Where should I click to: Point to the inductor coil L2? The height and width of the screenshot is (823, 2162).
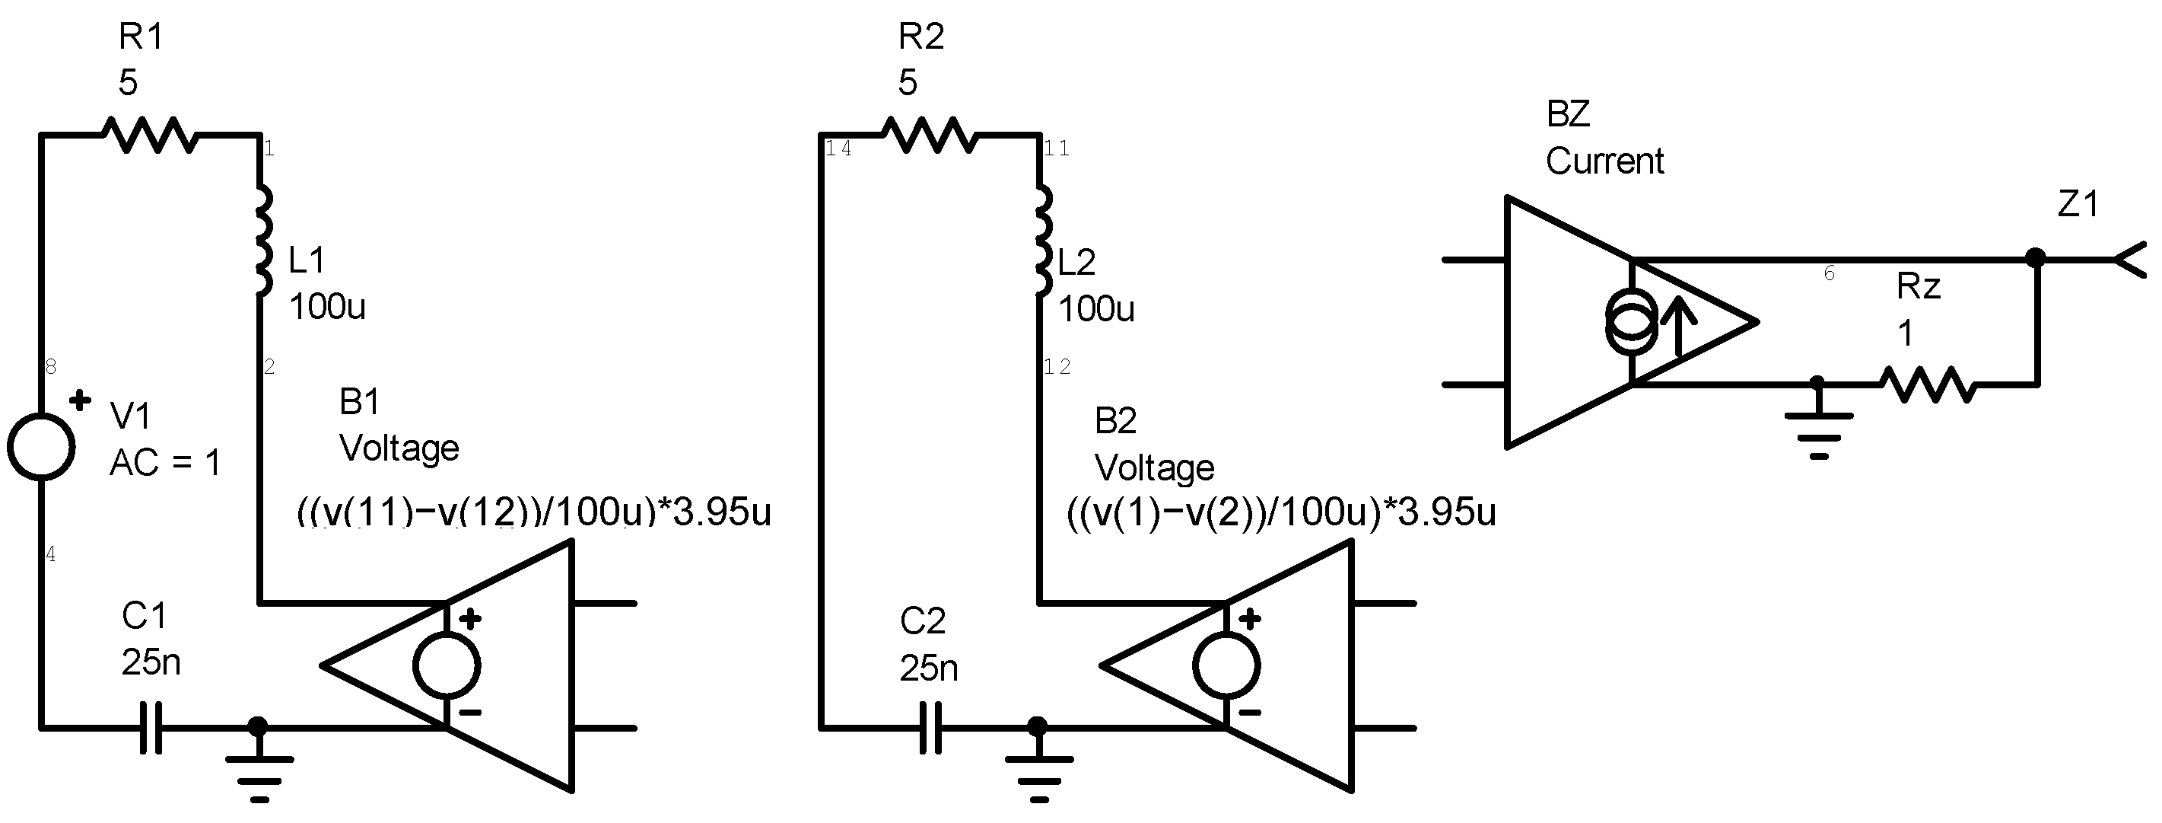[1042, 241]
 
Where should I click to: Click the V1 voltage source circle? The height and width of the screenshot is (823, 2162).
[41, 447]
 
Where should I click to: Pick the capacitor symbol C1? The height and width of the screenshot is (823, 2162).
[152, 727]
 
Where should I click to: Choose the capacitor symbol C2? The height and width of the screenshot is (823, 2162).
[932, 727]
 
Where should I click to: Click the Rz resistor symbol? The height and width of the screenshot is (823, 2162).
[1927, 384]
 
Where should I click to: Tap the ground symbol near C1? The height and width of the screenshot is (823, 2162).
[259, 768]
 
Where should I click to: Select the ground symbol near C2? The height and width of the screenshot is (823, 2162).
[1039, 768]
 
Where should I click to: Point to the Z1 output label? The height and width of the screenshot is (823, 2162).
[2078, 204]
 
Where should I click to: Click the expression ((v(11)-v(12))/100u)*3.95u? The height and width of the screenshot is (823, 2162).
[534, 512]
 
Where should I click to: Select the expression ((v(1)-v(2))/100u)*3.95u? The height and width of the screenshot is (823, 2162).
[1281, 512]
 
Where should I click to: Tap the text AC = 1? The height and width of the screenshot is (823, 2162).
[165, 463]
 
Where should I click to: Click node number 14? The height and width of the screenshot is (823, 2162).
[838, 148]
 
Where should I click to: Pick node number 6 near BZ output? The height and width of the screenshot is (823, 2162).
[1830, 273]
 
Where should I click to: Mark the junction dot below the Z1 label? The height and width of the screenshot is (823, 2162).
[2035, 257]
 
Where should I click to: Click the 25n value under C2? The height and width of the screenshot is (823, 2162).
[928, 668]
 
